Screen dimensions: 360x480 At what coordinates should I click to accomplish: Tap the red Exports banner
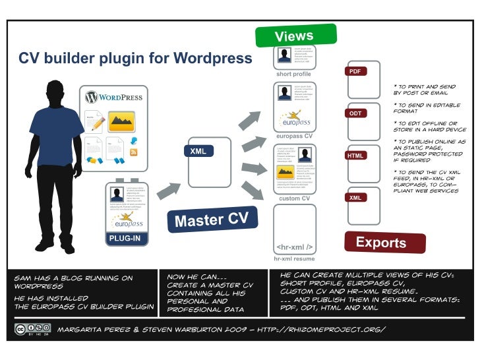click(380, 242)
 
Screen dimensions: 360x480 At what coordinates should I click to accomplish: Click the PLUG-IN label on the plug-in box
click(125, 238)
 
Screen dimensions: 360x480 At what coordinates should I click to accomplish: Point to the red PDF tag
click(355, 71)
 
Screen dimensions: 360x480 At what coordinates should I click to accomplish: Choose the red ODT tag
click(355, 113)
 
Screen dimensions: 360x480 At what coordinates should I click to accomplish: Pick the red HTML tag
click(355, 156)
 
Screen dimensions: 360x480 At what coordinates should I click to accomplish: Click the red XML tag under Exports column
click(355, 198)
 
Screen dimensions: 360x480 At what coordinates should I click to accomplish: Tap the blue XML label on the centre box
click(198, 152)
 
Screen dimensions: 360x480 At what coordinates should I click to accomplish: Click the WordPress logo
click(113, 97)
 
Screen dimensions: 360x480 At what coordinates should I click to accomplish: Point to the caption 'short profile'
click(293, 75)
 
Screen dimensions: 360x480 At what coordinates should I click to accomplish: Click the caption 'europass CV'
click(293, 136)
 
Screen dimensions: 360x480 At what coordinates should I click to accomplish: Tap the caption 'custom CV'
click(294, 198)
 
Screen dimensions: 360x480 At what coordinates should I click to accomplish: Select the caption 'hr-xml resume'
click(294, 259)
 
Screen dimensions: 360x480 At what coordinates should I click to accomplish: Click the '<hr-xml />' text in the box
click(294, 247)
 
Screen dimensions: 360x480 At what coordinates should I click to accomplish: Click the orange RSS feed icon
click(134, 152)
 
